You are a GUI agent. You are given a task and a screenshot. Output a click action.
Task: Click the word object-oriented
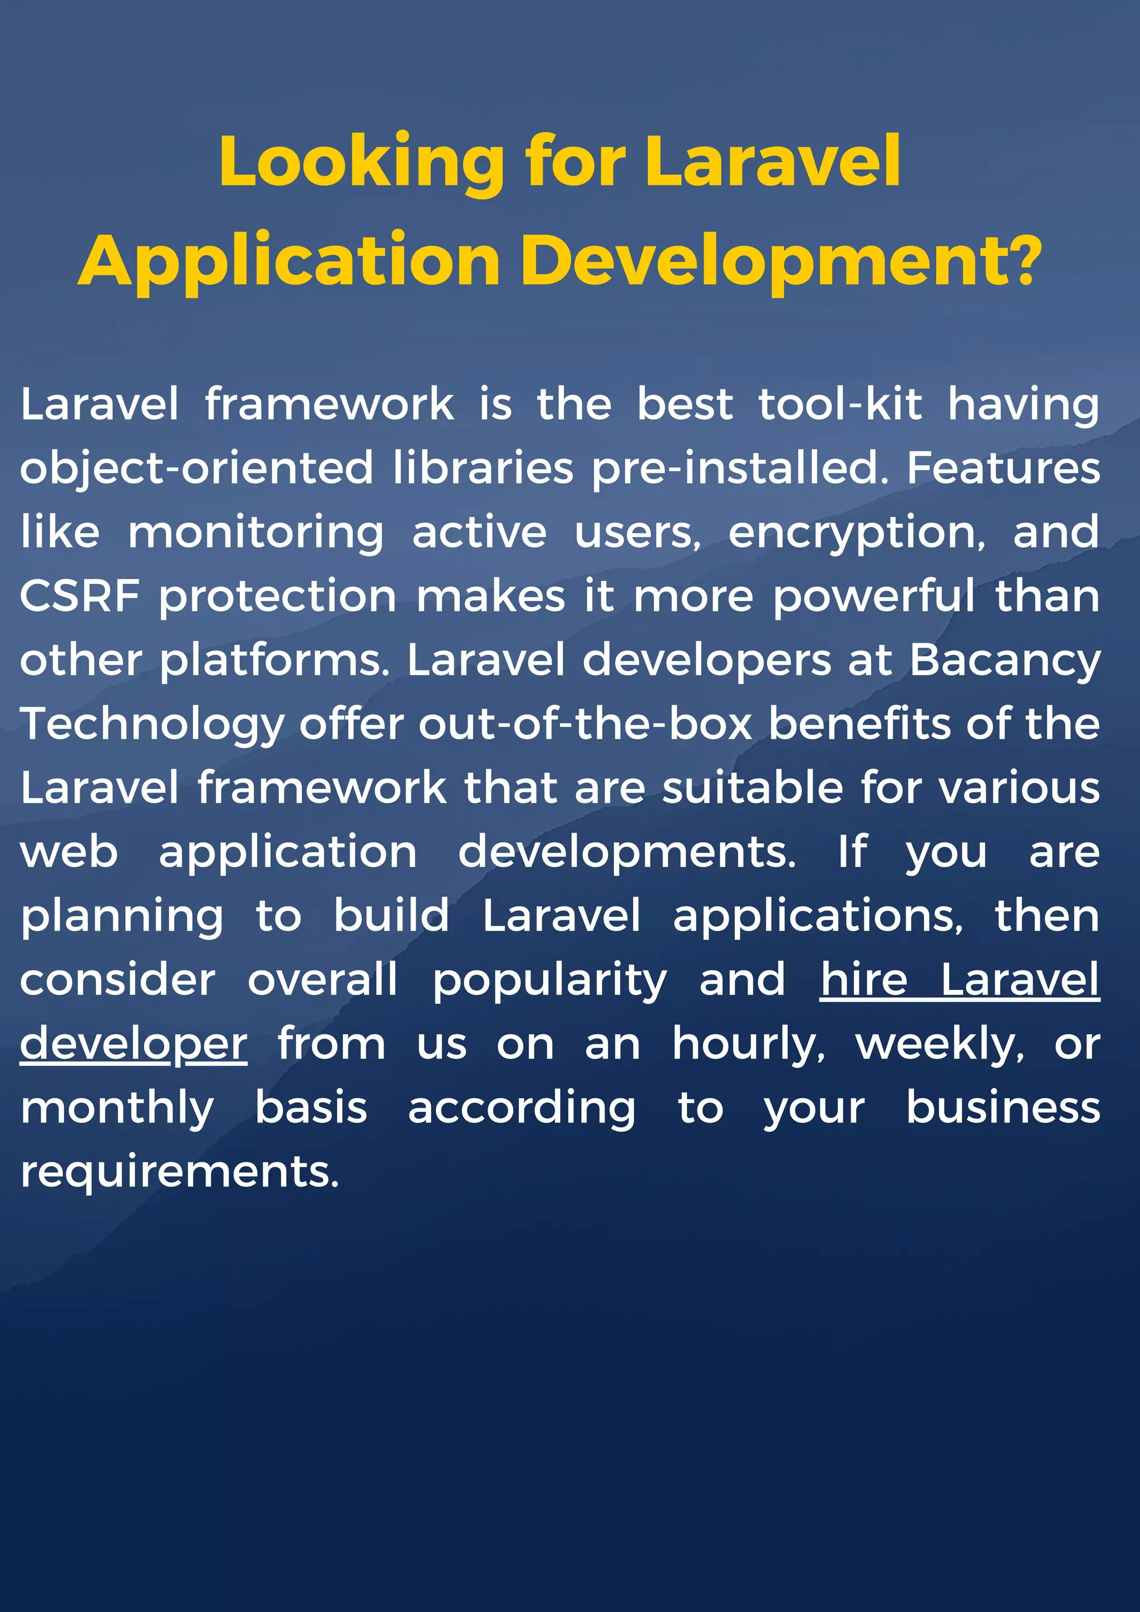click(196, 469)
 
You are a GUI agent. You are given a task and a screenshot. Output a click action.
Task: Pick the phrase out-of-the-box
click(586, 724)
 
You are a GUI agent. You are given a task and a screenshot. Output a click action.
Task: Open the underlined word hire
click(863, 979)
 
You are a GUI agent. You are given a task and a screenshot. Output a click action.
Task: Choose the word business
click(1003, 1108)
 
